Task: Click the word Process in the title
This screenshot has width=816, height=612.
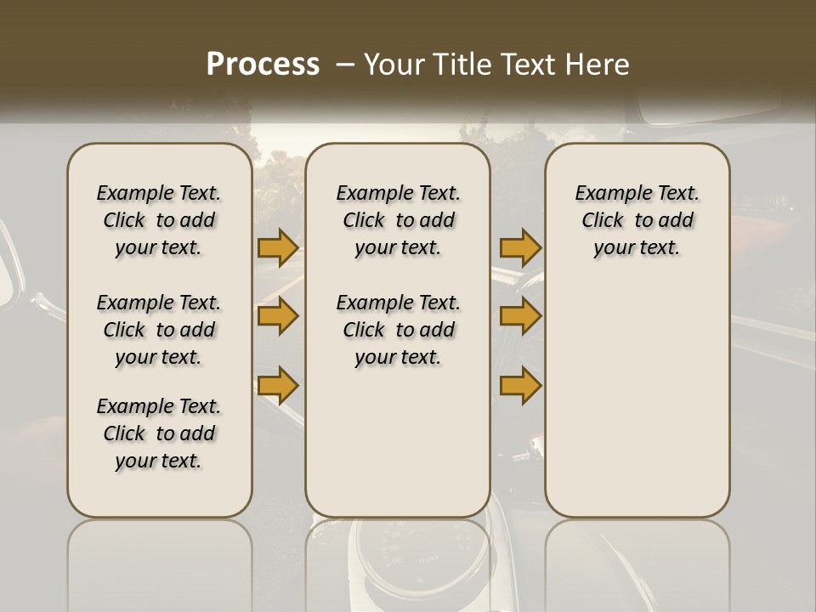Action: [263, 64]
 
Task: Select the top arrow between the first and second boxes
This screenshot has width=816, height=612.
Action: [278, 247]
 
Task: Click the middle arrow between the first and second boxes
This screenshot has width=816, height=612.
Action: [278, 316]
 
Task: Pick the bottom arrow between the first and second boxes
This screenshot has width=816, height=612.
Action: [278, 385]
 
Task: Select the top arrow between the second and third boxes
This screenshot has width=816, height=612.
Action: [520, 247]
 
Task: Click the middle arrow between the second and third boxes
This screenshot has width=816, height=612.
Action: [520, 316]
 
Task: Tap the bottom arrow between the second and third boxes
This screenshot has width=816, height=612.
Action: [520, 385]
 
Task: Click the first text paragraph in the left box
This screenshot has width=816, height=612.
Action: [159, 220]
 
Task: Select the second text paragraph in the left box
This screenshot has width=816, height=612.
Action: [159, 330]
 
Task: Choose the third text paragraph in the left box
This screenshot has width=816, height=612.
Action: [159, 433]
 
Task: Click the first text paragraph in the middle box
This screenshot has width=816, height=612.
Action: [398, 220]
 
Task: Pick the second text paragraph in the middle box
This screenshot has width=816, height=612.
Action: [398, 330]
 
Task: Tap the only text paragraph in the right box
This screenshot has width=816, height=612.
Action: [637, 220]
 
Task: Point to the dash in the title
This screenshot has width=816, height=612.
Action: [345, 65]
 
